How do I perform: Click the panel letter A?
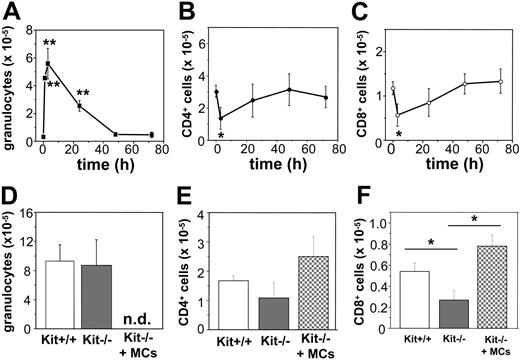coord(11,12)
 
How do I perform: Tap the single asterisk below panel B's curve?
coord(220,135)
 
